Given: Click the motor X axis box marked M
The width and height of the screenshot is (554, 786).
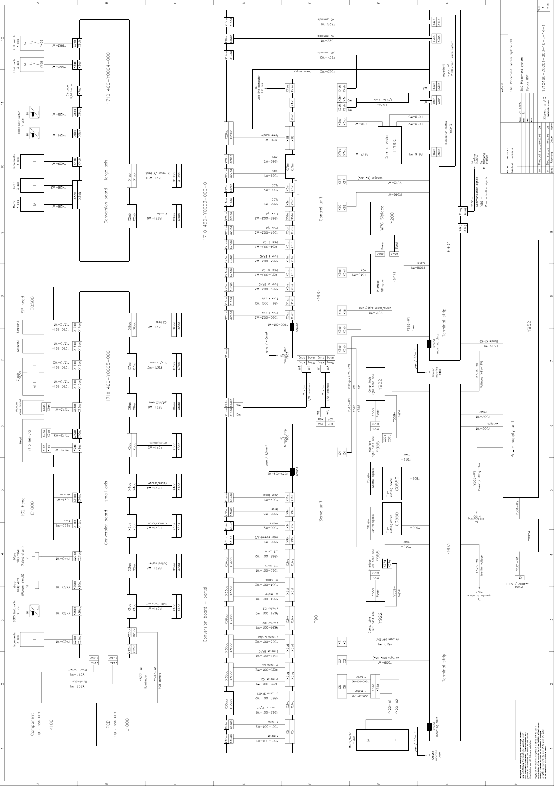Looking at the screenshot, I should click(x=34, y=205).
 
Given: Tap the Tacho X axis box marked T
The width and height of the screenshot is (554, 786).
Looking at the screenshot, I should click(x=34, y=185).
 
